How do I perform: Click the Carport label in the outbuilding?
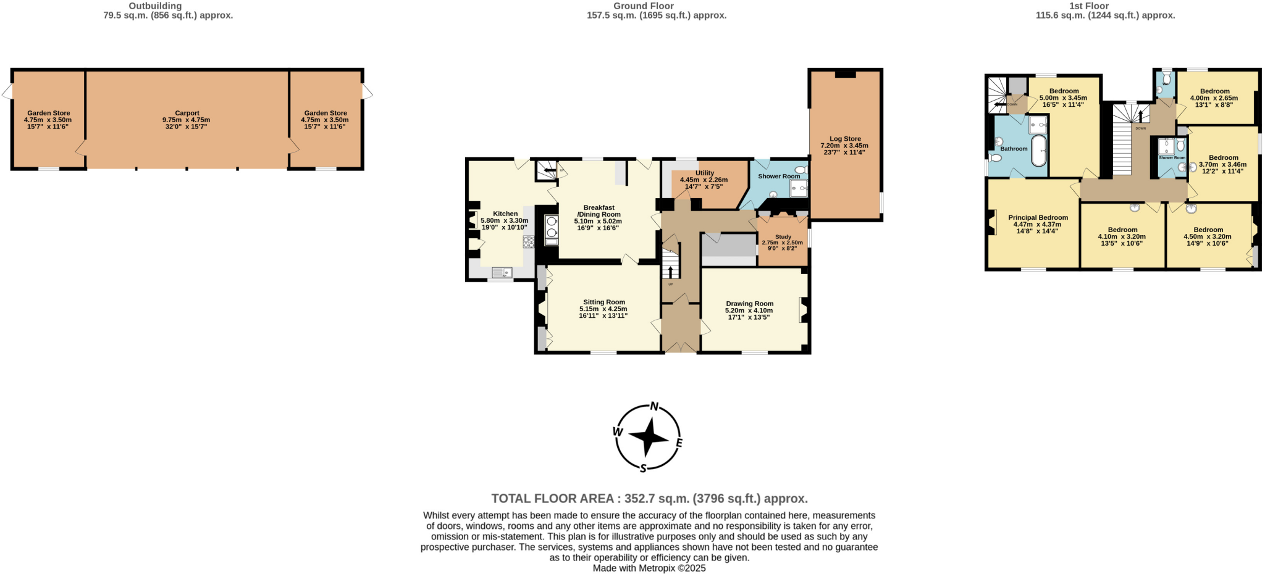187,113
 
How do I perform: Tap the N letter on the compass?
654,407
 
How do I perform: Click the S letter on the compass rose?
643,468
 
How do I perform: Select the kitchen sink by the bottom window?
502,272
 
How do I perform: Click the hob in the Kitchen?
529,242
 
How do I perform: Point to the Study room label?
783,237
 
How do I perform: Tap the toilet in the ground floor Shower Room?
801,170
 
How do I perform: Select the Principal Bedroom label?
1038,217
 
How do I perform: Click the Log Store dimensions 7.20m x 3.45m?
844,146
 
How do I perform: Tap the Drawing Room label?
749,304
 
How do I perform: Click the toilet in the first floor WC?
1166,78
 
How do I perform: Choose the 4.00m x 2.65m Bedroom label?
1214,91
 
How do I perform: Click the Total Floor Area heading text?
649,499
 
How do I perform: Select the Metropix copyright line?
649,568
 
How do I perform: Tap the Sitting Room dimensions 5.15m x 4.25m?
603,309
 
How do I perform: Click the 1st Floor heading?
1106,6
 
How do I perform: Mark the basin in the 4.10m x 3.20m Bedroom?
1135,207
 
